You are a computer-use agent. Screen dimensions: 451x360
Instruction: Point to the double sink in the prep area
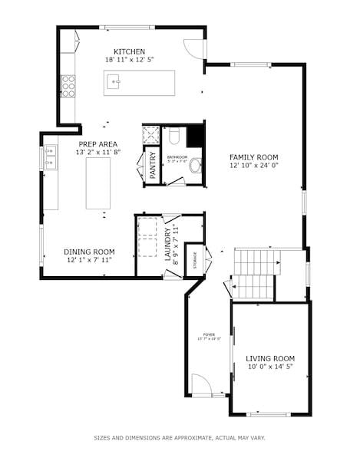(x=50, y=156)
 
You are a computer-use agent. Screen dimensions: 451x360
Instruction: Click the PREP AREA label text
(x=97, y=143)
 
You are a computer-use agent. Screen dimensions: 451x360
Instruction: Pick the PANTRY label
(x=153, y=166)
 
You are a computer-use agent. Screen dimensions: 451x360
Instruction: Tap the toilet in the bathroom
(x=173, y=137)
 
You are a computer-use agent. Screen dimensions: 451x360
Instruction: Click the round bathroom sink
(x=195, y=164)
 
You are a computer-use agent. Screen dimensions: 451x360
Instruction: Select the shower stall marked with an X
(x=151, y=135)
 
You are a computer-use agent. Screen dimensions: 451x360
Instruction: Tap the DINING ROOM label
(x=89, y=251)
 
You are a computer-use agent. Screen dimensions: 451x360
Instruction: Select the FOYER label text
(x=208, y=334)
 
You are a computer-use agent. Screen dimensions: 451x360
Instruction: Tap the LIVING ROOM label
(x=270, y=358)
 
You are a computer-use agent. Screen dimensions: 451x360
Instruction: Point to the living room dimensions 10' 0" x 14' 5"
(x=270, y=367)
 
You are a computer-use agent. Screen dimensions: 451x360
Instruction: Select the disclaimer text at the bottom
(x=180, y=438)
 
